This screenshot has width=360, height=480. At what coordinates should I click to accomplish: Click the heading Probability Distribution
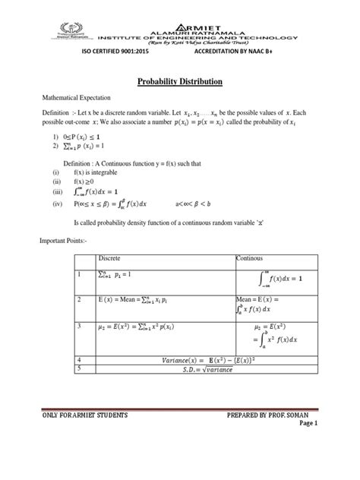tap(179, 81)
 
